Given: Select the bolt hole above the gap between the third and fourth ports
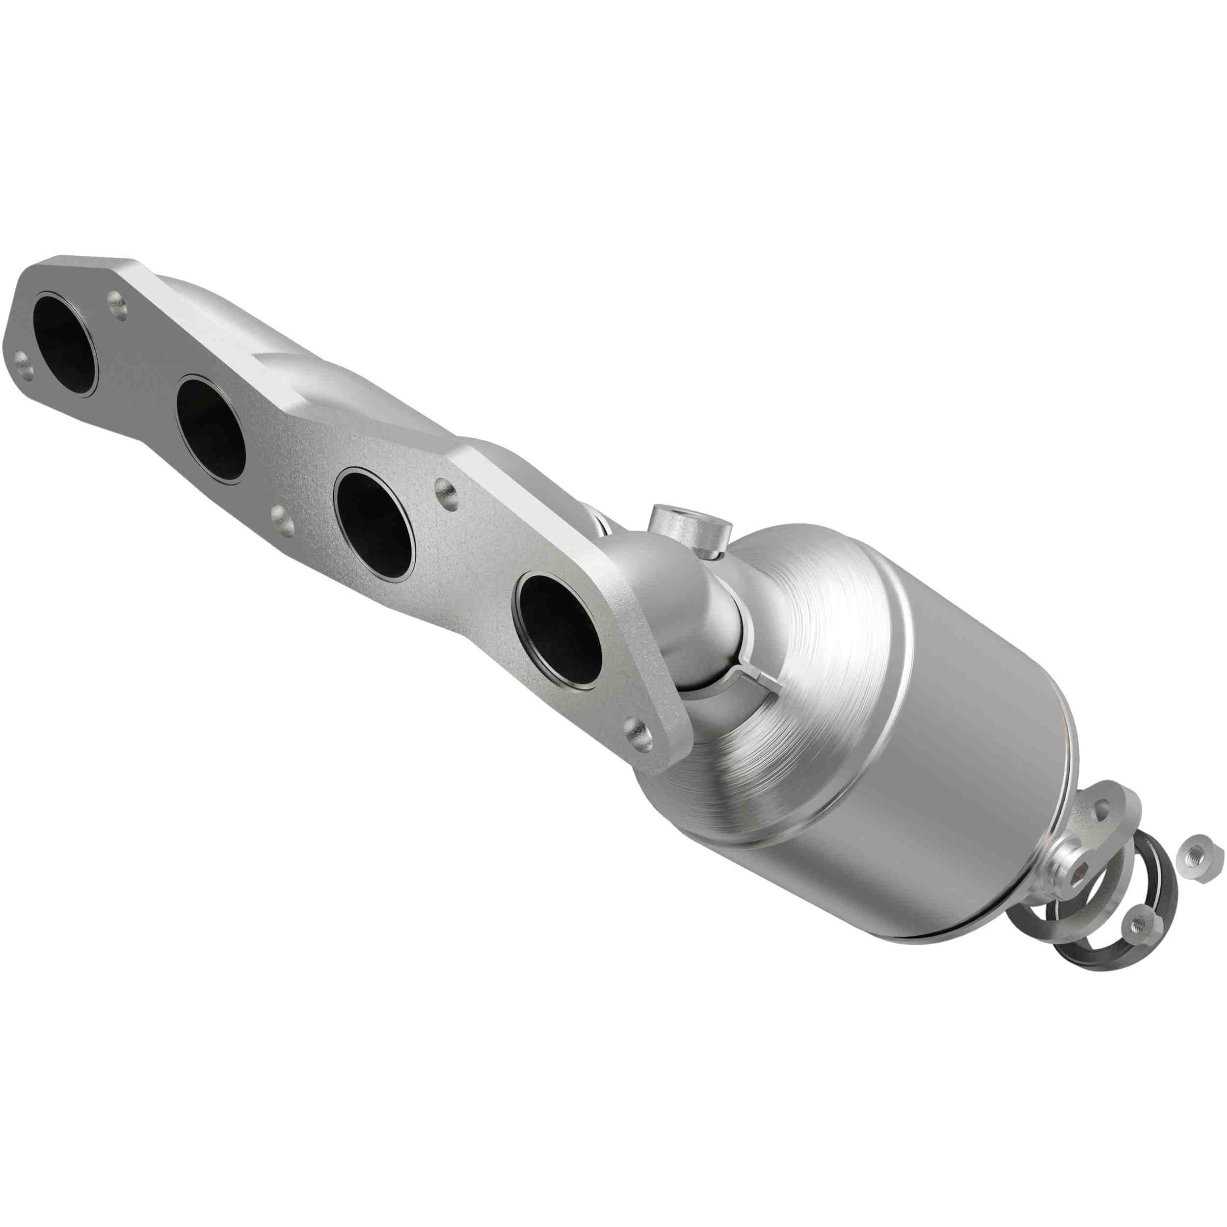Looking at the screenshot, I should (447, 489).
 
